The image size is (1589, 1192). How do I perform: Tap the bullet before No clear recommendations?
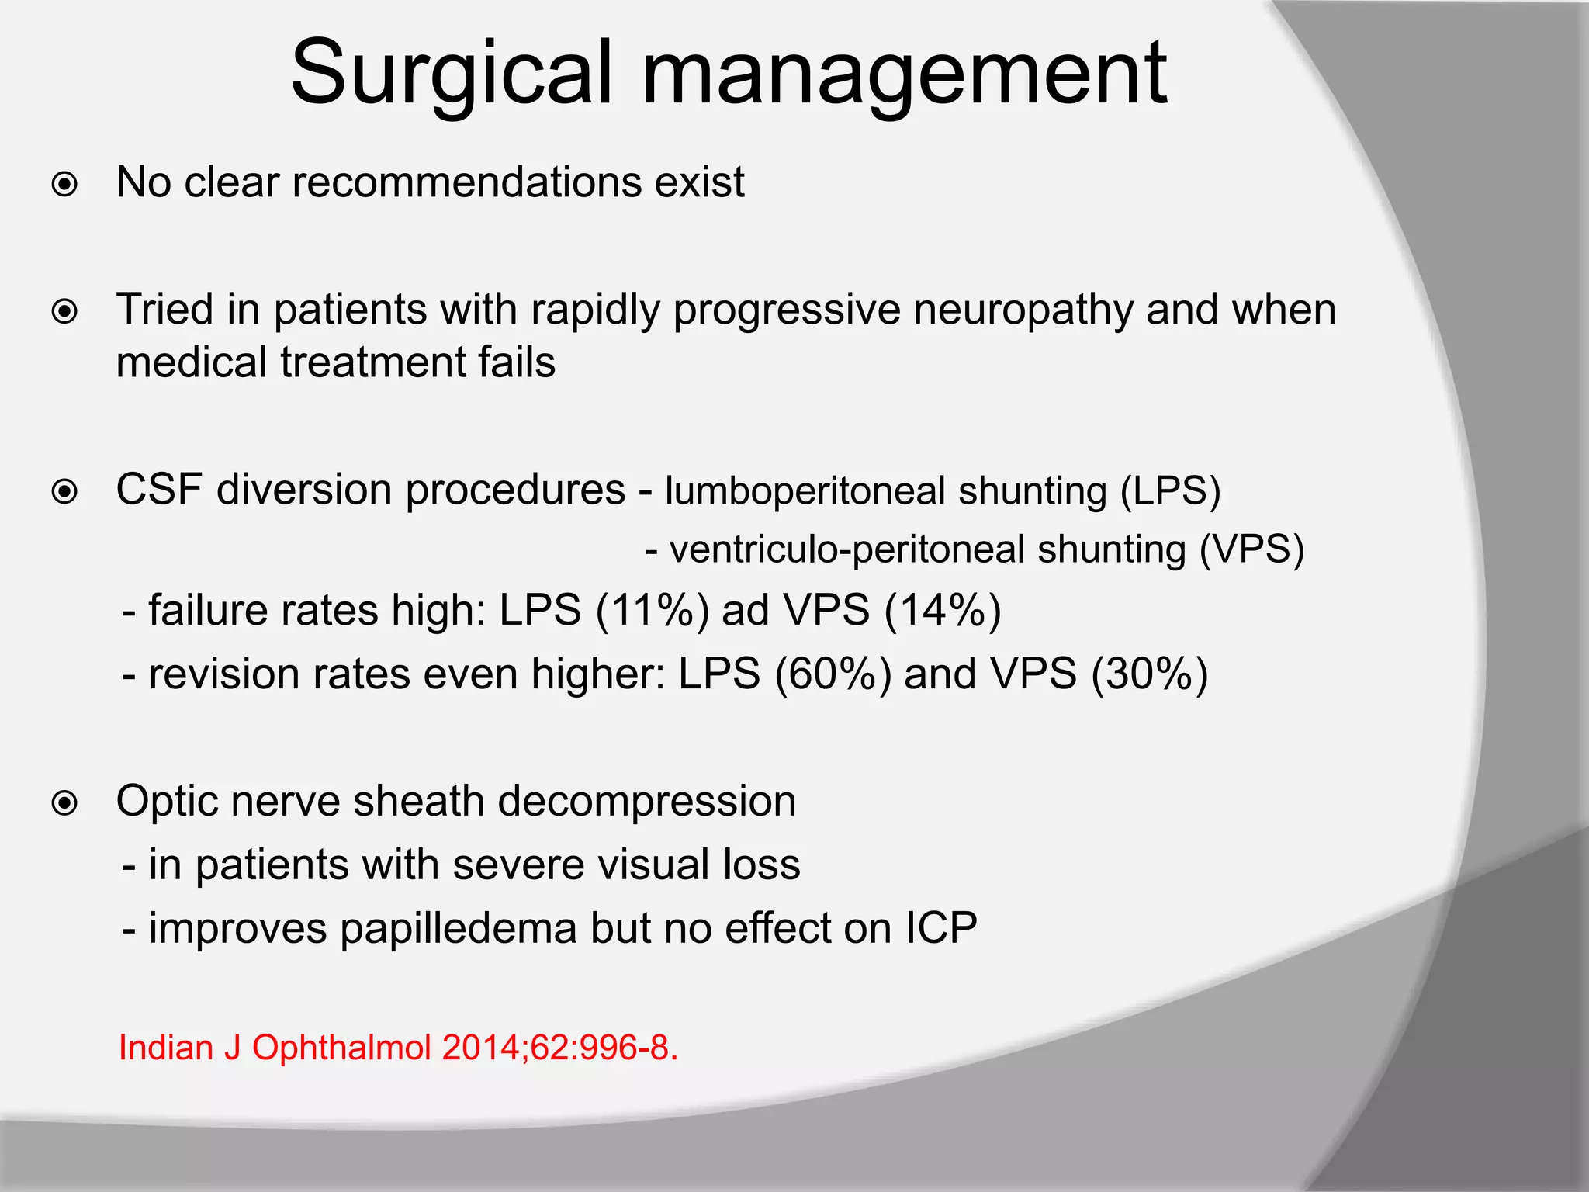(64, 185)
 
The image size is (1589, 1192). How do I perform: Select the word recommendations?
(466, 182)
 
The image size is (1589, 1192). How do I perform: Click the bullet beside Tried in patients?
(64, 312)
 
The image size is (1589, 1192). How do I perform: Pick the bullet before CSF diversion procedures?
(64, 492)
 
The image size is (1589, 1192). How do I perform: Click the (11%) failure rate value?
(653, 610)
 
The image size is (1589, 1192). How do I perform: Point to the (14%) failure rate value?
(943, 610)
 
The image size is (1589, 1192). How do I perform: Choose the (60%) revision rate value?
(833, 674)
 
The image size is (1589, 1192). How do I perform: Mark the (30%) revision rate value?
(1149, 674)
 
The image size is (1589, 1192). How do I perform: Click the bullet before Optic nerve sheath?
(64, 803)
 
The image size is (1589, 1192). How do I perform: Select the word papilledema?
(459, 929)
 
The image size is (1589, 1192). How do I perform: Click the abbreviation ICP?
(940, 928)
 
